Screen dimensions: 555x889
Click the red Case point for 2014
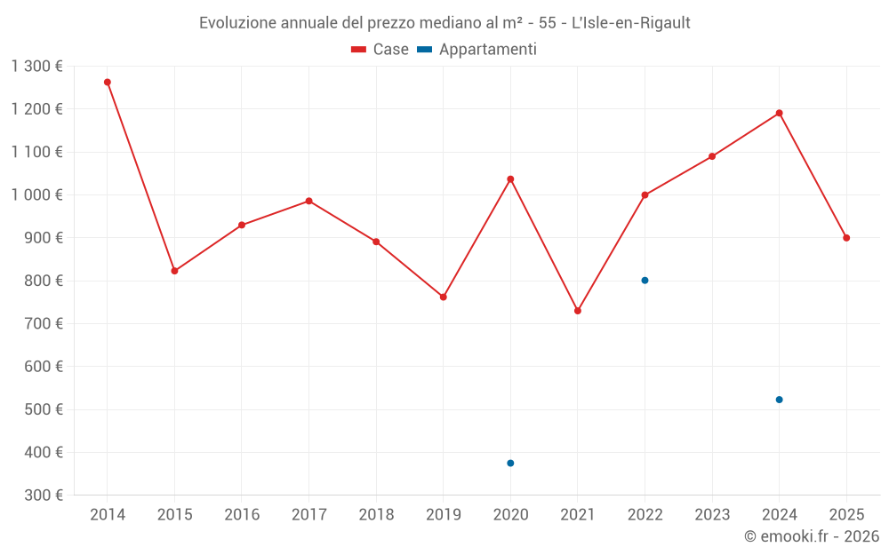coord(108,82)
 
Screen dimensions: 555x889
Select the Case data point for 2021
coord(578,311)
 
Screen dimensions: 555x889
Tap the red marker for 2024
coord(780,113)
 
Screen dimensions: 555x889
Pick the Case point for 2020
coord(510,179)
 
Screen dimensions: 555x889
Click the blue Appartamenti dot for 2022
coord(645,281)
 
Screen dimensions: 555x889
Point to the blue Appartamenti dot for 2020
coord(510,463)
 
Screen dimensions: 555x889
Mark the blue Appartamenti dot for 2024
coord(780,400)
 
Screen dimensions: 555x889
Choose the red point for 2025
coord(846,238)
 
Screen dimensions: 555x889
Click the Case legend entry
coord(380,50)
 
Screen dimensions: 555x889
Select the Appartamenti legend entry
coord(477,50)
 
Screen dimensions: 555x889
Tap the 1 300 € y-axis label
coord(37,67)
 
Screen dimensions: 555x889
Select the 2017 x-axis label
coord(308,515)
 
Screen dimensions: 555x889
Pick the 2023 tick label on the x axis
coord(712,515)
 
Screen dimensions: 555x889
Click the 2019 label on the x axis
coord(443,515)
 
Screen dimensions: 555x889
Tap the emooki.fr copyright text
coord(812,536)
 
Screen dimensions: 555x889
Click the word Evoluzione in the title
coord(236,23)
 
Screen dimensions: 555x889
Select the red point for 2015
coord(174,271)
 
